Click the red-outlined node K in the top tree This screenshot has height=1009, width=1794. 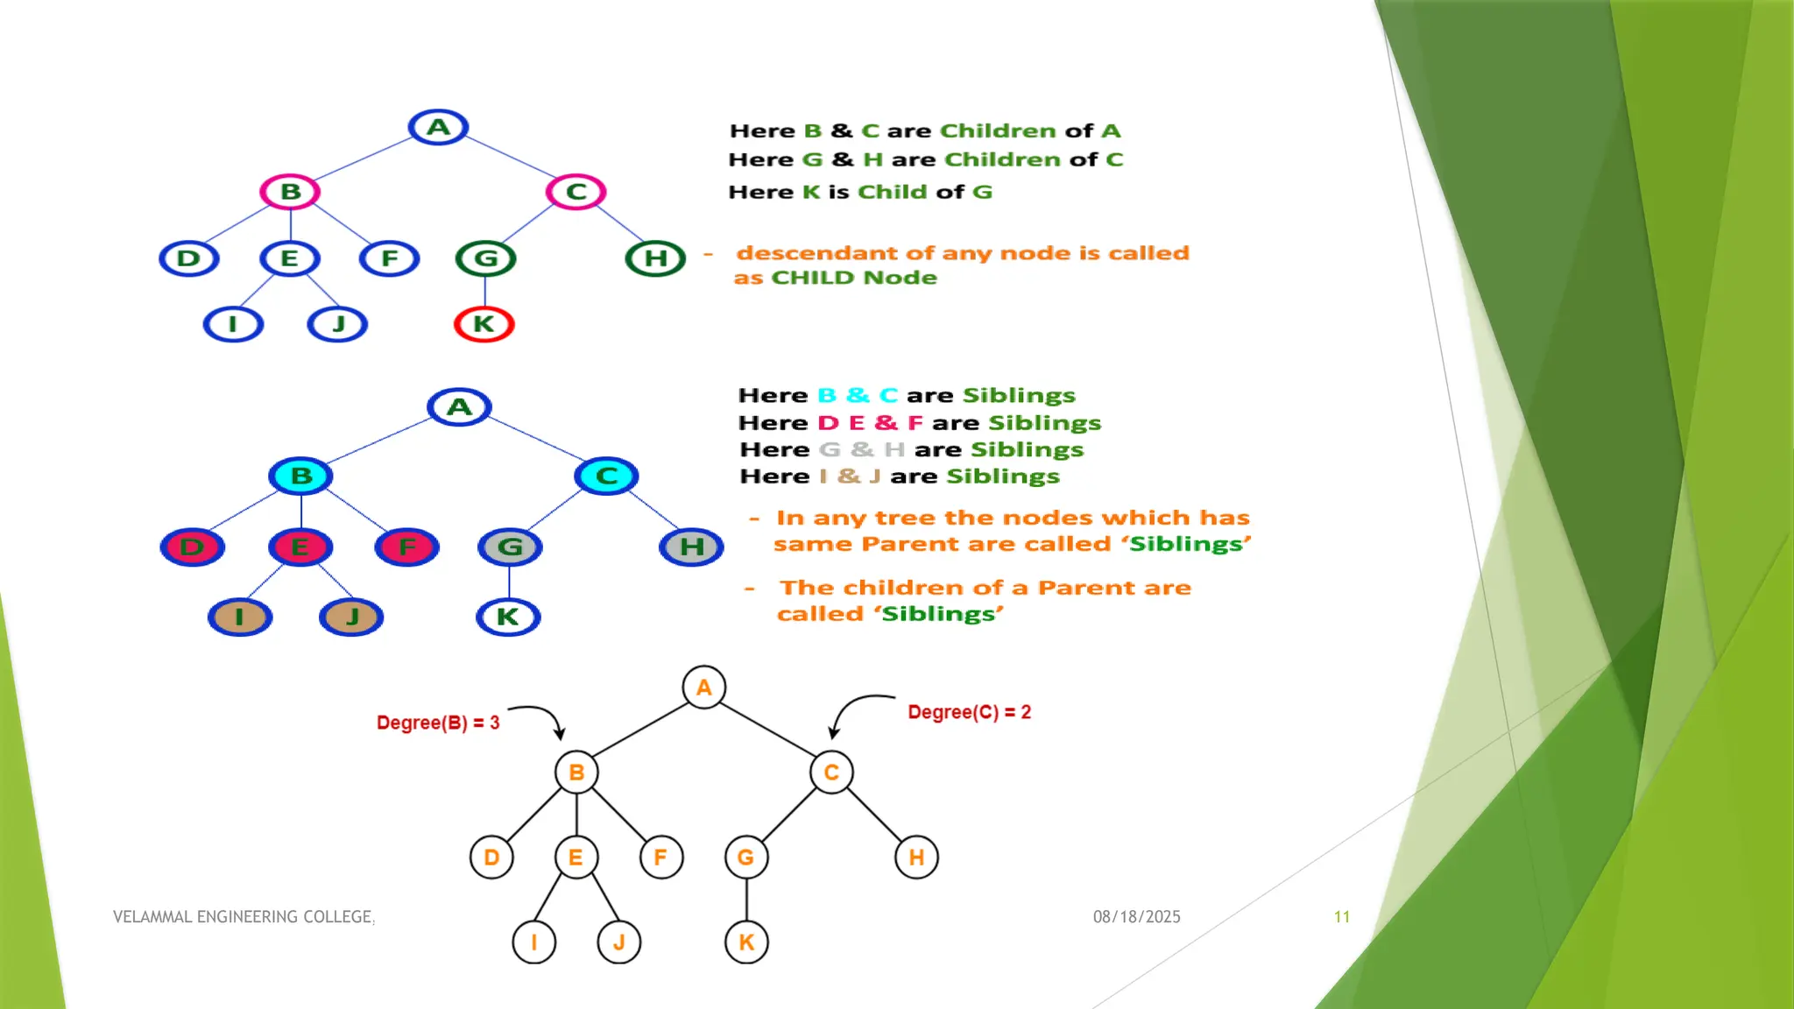tap(484, 324)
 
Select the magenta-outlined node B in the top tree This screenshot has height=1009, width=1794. tap(290, 192)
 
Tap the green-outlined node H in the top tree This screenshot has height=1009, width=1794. tap(655, 258)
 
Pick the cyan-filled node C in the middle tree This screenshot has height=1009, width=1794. tap(606, 476)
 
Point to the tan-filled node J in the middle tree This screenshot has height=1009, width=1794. tap(351, 617)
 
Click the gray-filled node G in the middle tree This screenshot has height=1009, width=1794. tap(510, 547)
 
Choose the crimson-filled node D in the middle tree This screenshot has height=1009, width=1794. tap(193, 547)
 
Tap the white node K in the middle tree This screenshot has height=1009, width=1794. tap(508, 617)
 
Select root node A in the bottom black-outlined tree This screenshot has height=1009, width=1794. tap(704, 688)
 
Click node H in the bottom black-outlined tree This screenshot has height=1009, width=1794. tap(916, 857)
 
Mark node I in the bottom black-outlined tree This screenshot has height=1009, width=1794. tap(533, 942)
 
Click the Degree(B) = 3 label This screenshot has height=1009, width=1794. tap(438, 723)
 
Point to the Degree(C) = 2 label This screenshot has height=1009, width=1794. tap(969, 712)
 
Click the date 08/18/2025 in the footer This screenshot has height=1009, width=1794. tap(1136, 917)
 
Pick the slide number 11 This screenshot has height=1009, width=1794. tap(1341, 917)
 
